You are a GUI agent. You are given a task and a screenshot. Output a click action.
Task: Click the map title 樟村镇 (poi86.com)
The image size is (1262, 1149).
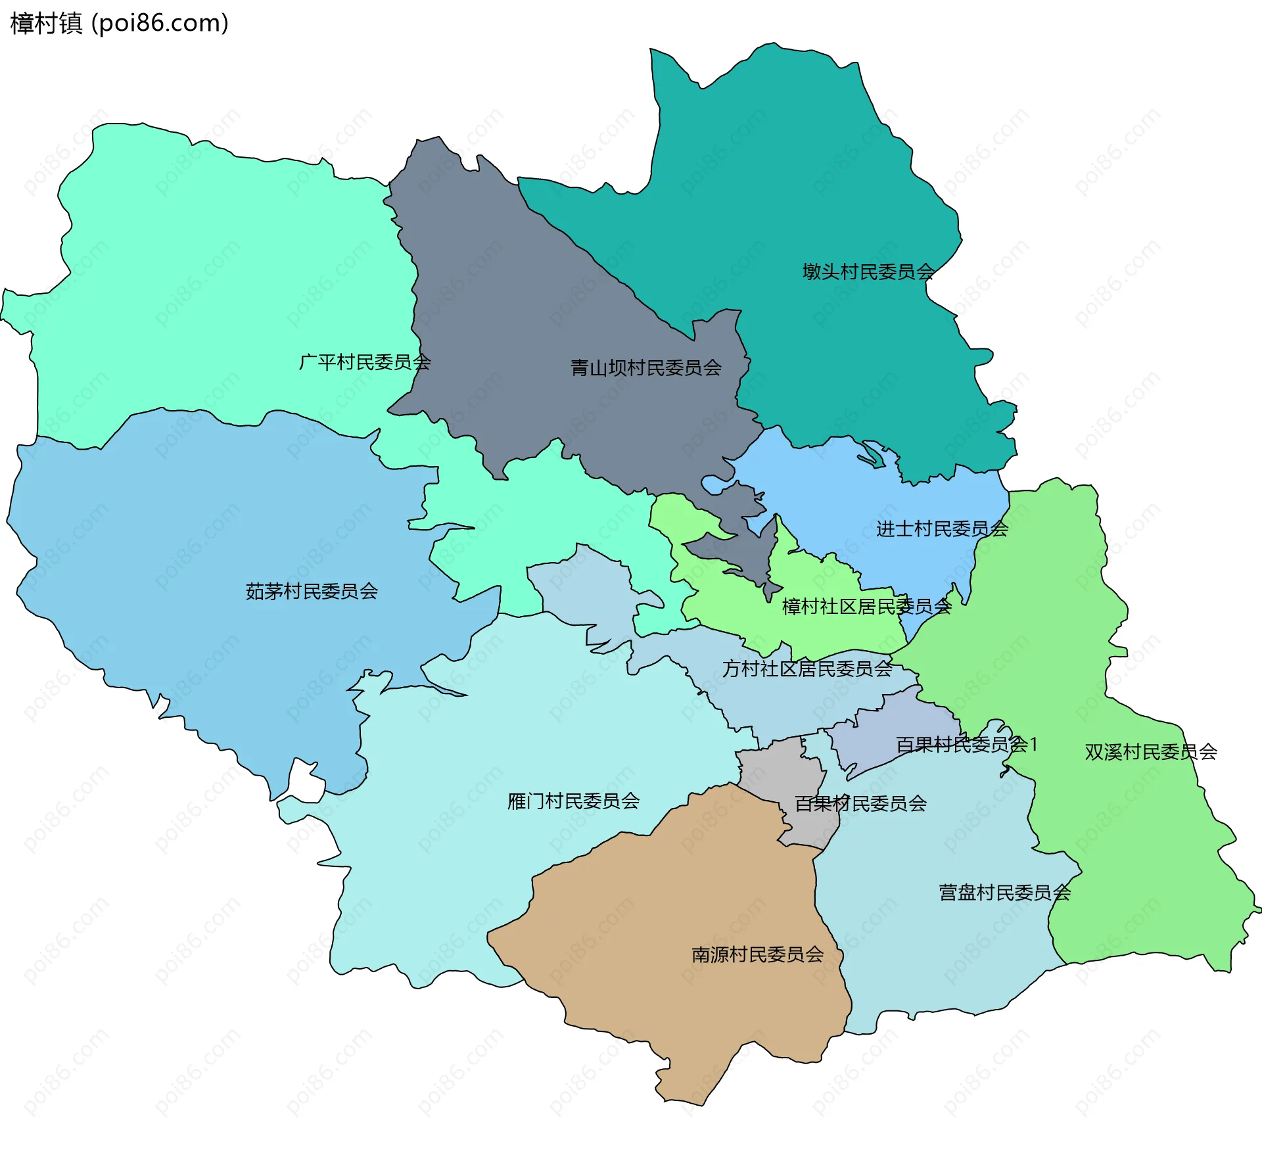tap(120, 23)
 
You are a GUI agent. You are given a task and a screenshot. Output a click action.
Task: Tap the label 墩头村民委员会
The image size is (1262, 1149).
tap(868, 271)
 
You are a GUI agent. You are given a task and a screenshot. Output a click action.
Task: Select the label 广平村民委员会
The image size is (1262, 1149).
tap(365, 362)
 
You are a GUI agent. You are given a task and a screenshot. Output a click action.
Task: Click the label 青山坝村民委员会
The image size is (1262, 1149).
tap(645, 368)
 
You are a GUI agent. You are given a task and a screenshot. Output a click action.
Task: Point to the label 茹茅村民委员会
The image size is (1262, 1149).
tap(312, 592)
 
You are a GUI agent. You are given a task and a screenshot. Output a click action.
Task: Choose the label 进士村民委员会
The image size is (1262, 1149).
tap(942, 528)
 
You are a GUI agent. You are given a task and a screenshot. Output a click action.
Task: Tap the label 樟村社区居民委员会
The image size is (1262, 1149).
tap(866, 606)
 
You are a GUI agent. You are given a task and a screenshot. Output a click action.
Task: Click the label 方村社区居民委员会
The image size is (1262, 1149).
tap(806, 668)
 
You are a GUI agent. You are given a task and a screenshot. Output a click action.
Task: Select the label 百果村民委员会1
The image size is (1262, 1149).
tap(966, 745)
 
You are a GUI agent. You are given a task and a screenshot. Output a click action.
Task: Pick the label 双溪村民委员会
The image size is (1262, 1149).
tap(1150, 752)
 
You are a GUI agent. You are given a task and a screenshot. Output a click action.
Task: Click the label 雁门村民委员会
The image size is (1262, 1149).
tap(573, 801)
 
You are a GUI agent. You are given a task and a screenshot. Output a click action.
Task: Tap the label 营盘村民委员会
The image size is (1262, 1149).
tap(1004, 893)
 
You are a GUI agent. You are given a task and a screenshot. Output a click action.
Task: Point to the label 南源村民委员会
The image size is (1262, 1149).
tap(757, 954)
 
